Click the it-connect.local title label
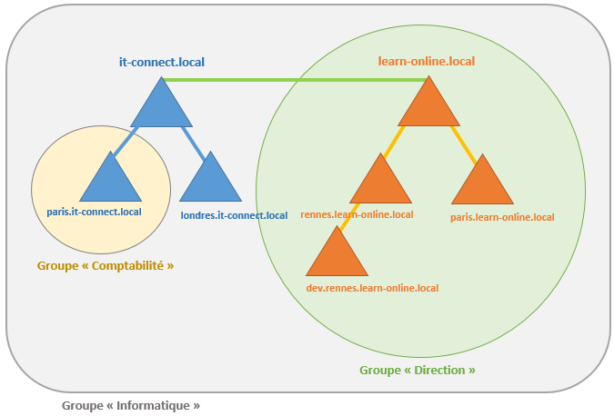[162, 62]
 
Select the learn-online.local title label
[427, 62]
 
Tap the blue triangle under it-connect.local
[162, 107]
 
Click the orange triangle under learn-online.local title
[428, 106]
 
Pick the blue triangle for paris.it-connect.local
[111, 182]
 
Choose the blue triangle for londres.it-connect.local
[211, 182]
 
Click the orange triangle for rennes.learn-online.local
[380, 183]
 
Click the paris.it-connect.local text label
[95, 213]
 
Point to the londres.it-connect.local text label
[234, 215]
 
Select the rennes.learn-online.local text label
[357, 214]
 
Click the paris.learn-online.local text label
[502, 217]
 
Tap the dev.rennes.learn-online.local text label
[372, 288]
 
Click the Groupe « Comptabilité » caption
[106, 266]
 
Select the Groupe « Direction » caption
[418, 371]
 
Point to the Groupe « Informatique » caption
[131, 405]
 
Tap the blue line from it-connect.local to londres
[189, 138]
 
